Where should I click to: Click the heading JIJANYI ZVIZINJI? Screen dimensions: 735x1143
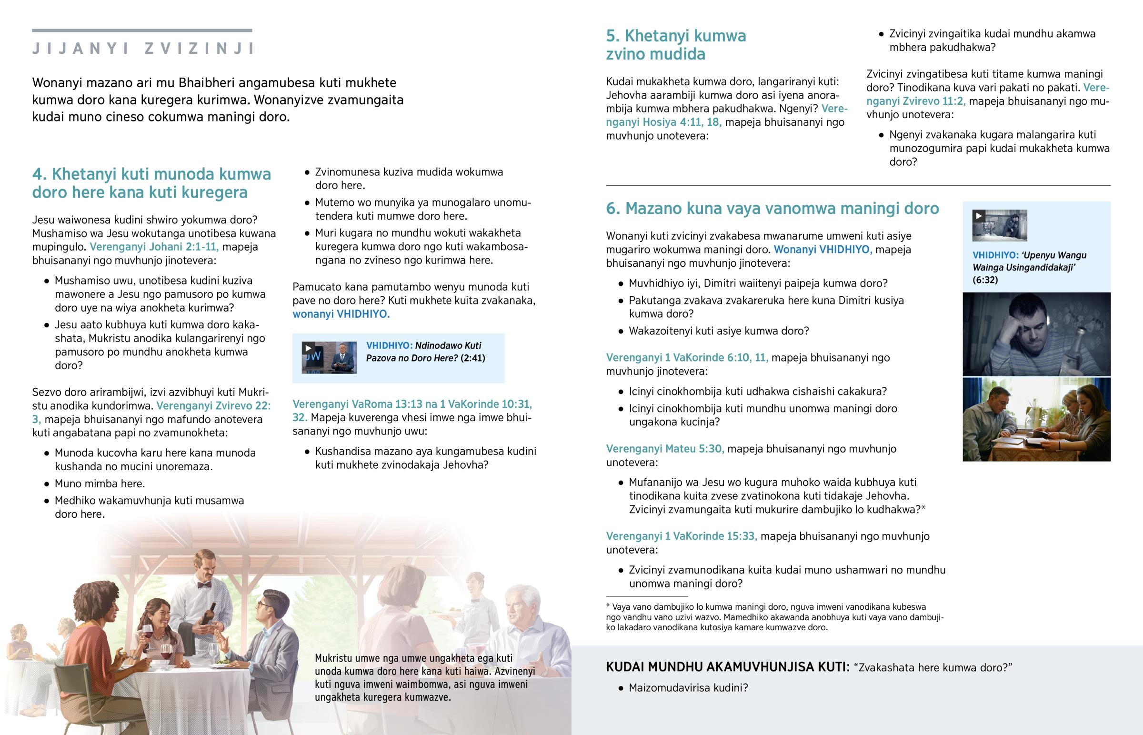coord(142,49)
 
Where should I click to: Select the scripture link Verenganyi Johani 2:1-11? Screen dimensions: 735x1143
coord(154,247)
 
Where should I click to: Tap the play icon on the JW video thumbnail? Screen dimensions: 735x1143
coord(308,348)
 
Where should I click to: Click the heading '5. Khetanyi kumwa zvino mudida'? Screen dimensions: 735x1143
coord(675,45)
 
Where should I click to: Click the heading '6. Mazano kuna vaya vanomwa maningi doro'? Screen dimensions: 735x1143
coord(772,209)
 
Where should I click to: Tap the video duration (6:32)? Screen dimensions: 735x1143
coord(985,280)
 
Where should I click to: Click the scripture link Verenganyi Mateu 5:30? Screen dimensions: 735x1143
coord(664,449)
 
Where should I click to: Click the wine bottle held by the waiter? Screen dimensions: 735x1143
coord(209,615)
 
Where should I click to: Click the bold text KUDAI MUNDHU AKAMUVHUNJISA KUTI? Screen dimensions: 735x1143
coord(728,667)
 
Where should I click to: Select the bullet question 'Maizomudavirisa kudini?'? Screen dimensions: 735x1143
coord(688,688)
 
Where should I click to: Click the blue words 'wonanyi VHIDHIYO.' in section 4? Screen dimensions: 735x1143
coord(341,314)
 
